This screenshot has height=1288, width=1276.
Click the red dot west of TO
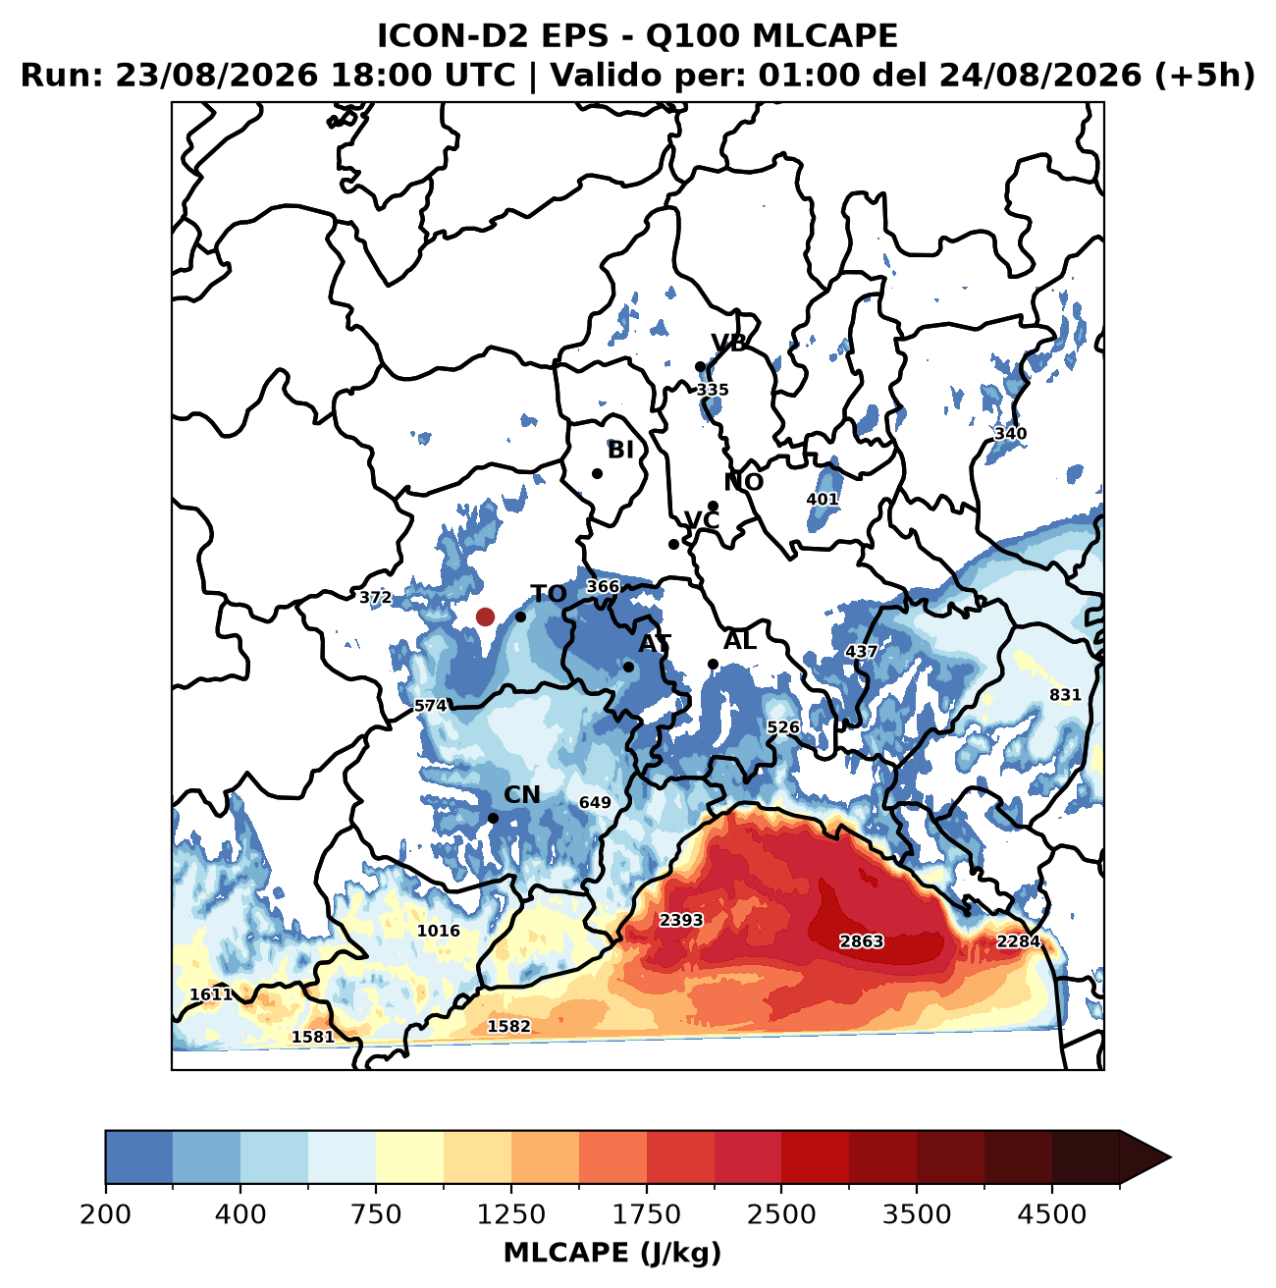click(485, 617)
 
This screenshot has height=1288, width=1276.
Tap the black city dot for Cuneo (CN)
click(493, 818)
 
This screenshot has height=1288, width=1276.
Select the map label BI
click(620, 450)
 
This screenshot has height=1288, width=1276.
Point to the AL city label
click(739, 640)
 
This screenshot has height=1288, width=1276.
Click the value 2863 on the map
click(862, 941)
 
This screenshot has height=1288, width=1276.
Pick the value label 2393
click(681, 920)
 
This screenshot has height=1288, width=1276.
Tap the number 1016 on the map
click(439, 931)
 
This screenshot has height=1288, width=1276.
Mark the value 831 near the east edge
click(1065, 695)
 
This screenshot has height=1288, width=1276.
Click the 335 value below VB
click(713, 390)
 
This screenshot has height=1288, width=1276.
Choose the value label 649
click(595, 802)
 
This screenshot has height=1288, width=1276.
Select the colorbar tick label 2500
click(781, 1213)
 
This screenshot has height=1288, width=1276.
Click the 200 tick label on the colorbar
click(106, 1213)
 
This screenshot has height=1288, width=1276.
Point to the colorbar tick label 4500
click(1052, 1213)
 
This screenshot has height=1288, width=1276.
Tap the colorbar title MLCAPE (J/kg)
click(612, 1252)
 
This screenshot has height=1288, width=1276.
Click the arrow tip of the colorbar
click(1171, 1157)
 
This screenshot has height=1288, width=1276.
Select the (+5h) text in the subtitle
click(1204, 75)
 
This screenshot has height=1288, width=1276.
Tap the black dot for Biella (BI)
click(597, 473)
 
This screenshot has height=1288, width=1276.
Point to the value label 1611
click(211, 993)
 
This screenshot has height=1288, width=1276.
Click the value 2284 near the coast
click(1019, 941)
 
